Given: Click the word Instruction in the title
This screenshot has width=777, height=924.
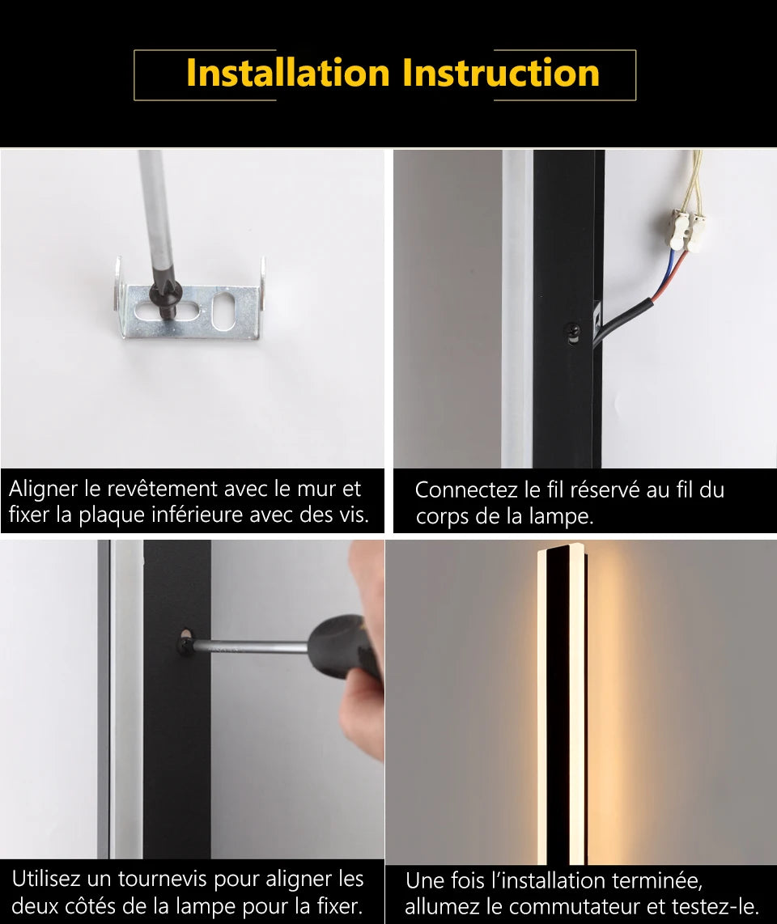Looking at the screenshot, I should coord(501,73).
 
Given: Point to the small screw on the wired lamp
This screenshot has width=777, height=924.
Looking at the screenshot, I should coord(573,331).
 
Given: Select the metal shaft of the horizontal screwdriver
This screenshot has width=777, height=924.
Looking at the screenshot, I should coord(251,646).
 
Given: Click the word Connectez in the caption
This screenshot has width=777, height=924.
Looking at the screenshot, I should coord(466,490).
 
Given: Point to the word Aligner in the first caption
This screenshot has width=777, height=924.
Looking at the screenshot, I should coord(45,489).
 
